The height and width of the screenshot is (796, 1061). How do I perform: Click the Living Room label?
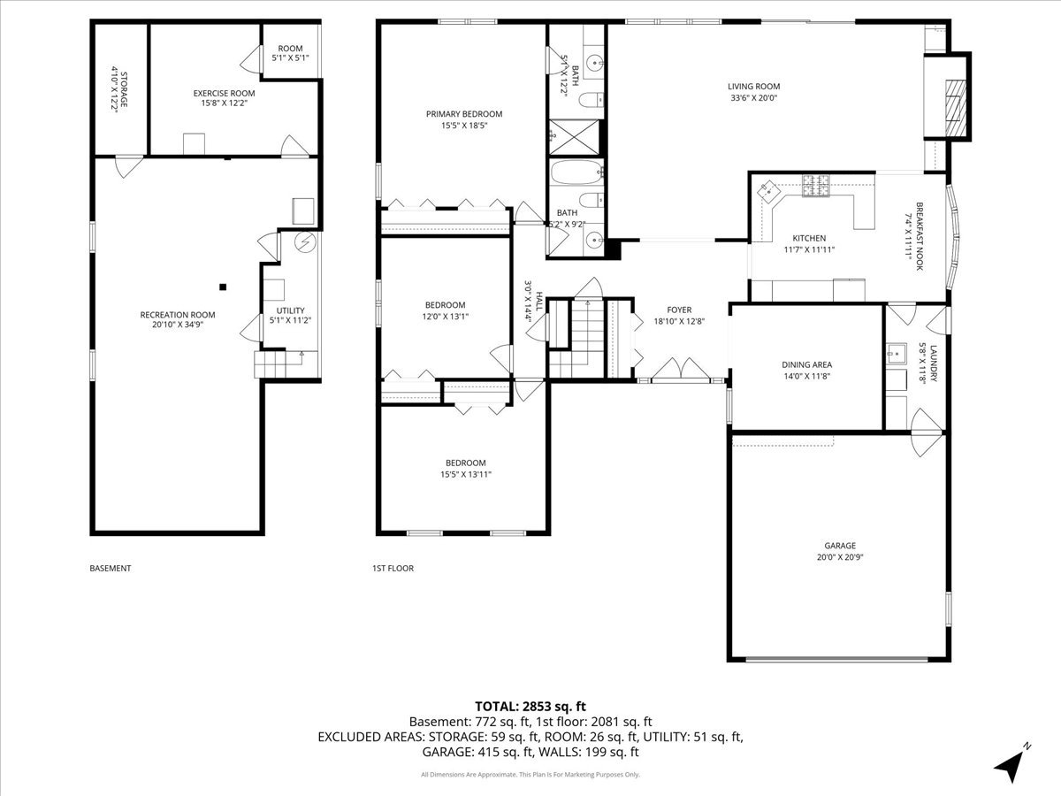[753, 86]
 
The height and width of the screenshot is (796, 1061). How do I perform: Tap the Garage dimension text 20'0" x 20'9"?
[828, 558]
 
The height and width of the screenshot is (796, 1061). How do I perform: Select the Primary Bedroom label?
[463, 113]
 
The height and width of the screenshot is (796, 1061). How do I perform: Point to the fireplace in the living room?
[951, 98]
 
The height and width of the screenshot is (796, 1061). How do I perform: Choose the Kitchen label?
[808, 238]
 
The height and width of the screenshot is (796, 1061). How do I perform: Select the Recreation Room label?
[177, 314]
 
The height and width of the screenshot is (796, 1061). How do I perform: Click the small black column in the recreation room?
[223, 286]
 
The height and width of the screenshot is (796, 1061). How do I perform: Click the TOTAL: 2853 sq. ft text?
[530, 706]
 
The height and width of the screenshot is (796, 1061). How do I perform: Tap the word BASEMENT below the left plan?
[111, 569]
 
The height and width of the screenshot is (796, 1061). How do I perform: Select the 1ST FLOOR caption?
[393, 569]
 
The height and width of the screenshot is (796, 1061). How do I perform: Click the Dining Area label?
[806, 364]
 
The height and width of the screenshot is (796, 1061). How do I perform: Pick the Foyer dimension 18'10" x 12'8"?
[678, 321]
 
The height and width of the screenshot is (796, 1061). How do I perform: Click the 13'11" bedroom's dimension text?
[465, 474]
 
